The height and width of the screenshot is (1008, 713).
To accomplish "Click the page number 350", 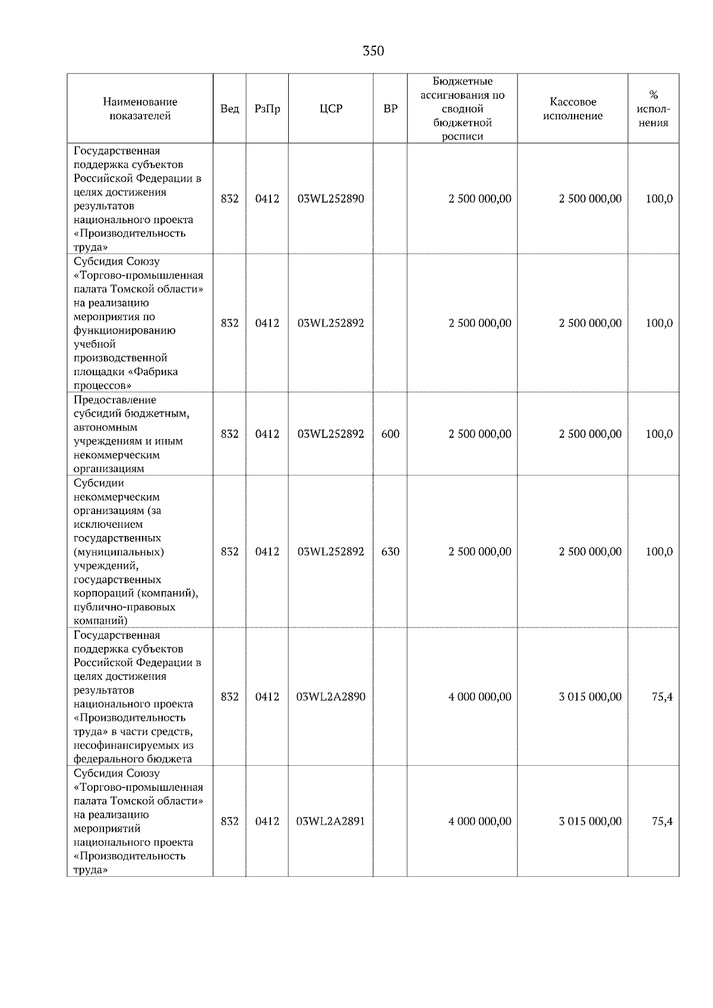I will click(x=373, y=51).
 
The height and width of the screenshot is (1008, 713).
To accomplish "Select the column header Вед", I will click(x=229, y=109).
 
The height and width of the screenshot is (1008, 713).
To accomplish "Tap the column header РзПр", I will click(x=267, y=109).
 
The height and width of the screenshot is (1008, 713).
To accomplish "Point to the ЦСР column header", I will click(x=330, y=109).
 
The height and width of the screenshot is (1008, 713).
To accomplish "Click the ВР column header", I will click(x=390, y=109).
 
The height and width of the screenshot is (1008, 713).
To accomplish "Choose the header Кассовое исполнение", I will click(x=572, y=109).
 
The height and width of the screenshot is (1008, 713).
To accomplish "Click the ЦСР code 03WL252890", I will click(x=330, y=199).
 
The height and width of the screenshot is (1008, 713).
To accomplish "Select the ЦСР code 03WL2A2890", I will click(x=330, y=696).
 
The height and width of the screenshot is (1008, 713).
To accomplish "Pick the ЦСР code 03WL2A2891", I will click(x=330, y=821).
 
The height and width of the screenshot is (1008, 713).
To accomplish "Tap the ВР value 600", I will click(x=390, y=434).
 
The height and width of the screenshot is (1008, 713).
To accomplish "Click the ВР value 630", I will click(x=390, y=551).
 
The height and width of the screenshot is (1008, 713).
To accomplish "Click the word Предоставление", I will click(x=115, y=400).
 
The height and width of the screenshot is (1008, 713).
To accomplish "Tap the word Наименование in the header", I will click(x=140, y=102).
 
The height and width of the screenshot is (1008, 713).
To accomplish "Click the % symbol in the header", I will click(x=653, y=95).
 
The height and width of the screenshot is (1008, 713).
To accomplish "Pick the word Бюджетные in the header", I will click(x=462, y=81).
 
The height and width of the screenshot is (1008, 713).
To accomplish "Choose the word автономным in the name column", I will click(x=105, y=427).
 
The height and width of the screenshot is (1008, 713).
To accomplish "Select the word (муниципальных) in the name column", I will click(x=119, y=551).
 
